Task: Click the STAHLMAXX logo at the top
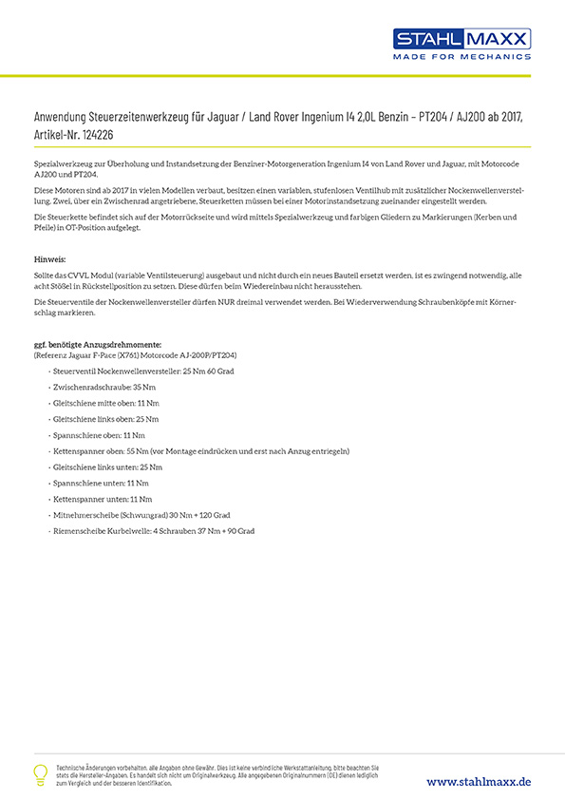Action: (x=462, y=39)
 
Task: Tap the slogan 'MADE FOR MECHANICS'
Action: (x=462, y=57)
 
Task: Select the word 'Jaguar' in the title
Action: (x=223, y=116)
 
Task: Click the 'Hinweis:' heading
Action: (x=49, y=258)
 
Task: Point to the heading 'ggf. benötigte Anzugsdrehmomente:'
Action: (x=97, y=344)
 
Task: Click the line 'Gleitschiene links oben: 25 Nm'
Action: (x=105, y=419)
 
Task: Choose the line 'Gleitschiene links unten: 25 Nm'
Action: (x=107, y=467)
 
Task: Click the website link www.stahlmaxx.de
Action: (x=478, y=781)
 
